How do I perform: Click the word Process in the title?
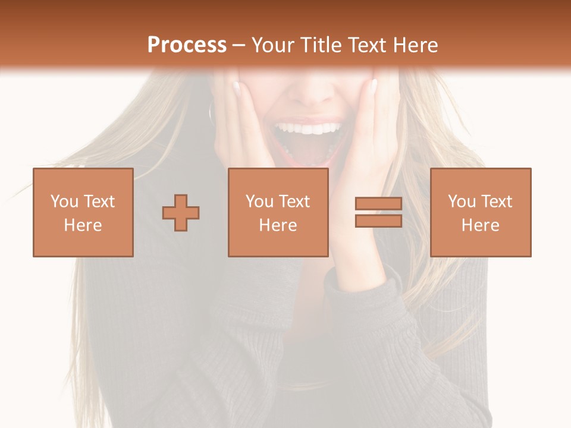point(187,45)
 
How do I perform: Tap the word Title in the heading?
point(320,45)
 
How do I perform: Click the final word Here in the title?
point(417,45)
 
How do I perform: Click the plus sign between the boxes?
point(181,213)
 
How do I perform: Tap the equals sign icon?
point(378,212)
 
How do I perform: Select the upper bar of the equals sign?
point(378,204)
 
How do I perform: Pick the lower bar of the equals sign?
point(378,221)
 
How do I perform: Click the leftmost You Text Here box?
point(83,212)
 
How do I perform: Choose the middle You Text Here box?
point(278,212)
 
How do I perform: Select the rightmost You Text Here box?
point(480,212)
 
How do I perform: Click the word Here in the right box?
point(480,225)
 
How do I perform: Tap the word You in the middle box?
point(259,202)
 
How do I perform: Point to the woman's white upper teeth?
point(308,128)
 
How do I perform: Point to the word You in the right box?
point(462,202)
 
